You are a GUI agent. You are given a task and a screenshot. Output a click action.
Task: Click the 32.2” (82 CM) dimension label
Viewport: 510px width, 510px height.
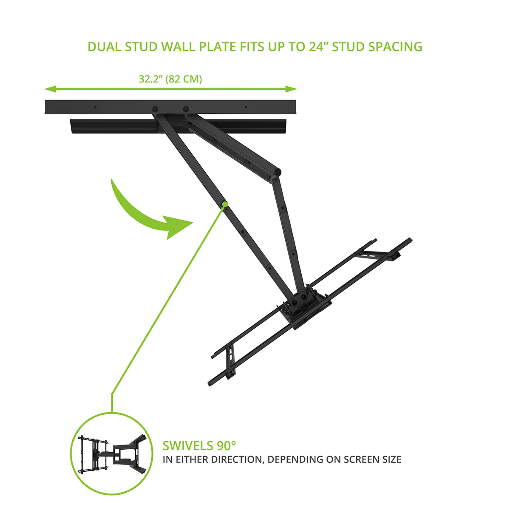point(170,79)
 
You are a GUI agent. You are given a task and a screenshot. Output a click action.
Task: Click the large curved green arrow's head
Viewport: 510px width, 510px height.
point(178,226)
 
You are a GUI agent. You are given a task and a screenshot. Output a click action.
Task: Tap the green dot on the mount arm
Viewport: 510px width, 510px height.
point(225,204)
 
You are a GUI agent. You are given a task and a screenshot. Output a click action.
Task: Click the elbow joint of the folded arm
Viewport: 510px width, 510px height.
point(277,172)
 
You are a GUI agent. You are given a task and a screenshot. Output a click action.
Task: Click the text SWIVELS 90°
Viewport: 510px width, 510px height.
point(199,446)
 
